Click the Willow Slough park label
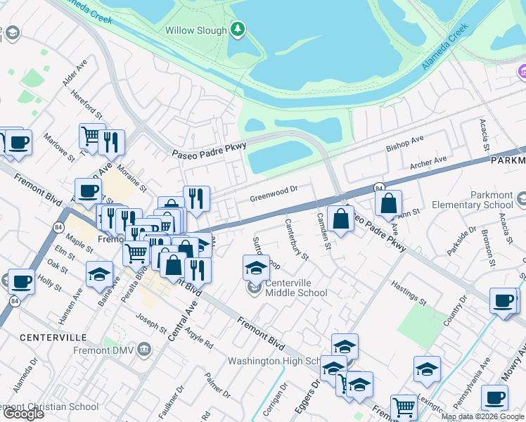(x=196, y=31)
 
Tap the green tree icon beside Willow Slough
(x=239, y=30)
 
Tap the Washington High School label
(x=274, y=362)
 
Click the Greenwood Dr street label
(x=274, y=193)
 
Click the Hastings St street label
(x=409, y=295)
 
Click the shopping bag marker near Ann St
(x=388, y=204)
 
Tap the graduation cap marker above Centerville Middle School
(x=256, y=268)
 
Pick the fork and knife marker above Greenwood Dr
(x=196, y=198)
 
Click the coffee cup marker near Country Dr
(x=503, y=300)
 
